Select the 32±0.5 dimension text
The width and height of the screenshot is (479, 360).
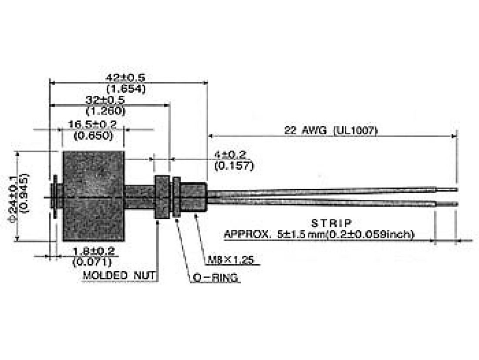(x=106, y=100)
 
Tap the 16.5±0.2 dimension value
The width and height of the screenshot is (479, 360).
(x=93, y=124)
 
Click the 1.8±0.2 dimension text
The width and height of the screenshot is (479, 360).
(x=92, y=251)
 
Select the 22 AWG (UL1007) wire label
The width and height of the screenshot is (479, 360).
(x=331, y=130)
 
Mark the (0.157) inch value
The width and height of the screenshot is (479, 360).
(x=234, y=165)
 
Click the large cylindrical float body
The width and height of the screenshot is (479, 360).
(x=93, y=196)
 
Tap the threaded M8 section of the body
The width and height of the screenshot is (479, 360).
(x=192, y=196)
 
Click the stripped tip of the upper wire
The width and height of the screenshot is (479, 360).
(x=447, y=189)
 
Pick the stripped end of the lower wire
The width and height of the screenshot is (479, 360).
(x=447, y=204)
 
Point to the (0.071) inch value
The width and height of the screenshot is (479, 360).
(x=92, y=262)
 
